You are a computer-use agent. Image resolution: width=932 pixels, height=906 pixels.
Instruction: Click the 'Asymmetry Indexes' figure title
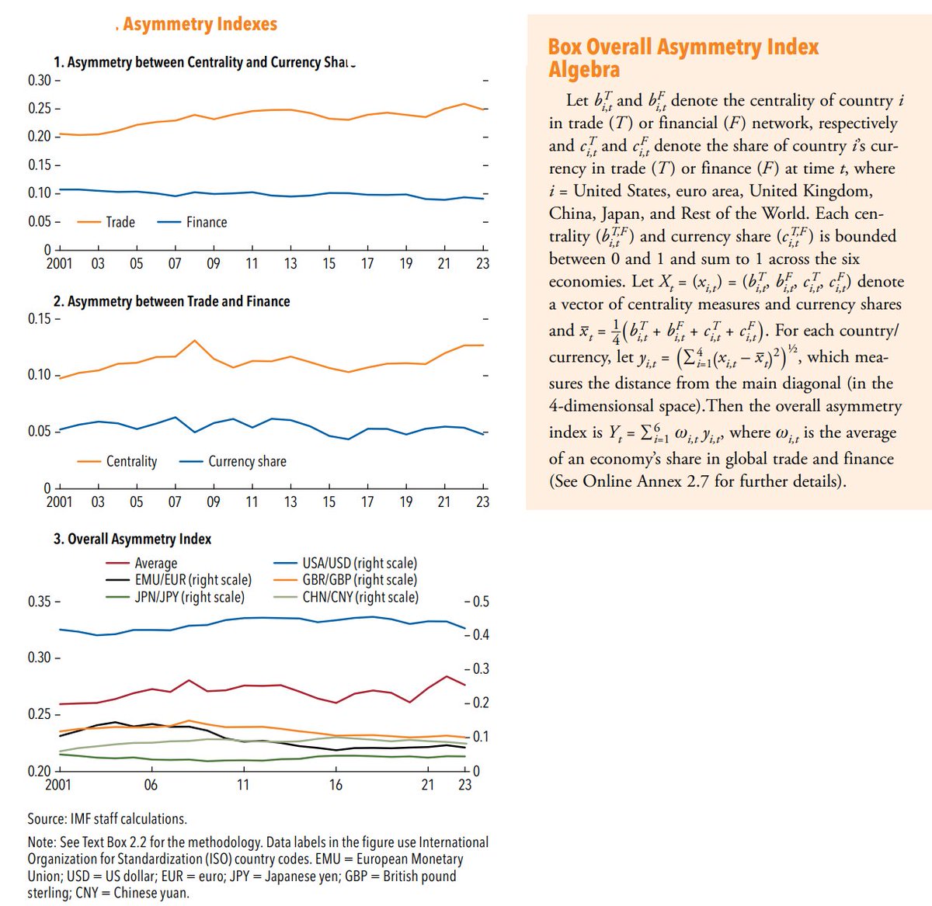[x=200, y=24]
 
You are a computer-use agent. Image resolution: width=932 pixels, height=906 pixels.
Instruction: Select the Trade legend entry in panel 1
[x=120, y=222]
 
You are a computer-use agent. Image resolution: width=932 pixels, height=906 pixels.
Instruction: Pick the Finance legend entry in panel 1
[x=206, y=222]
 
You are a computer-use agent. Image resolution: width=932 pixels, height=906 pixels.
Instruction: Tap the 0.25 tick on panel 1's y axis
[x=40, y=109]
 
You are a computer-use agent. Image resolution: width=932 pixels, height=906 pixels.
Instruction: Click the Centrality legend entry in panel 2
[x=130, y=461]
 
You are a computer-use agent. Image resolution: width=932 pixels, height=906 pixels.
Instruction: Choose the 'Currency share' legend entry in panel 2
[x=246, y=461]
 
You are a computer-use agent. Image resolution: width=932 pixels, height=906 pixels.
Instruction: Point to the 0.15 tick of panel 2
[x=40, y=319]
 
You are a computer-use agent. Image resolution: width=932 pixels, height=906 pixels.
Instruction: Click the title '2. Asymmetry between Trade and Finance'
[x=172, y=301]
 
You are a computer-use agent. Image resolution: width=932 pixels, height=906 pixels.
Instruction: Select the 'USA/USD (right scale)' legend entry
[x=359, y=563]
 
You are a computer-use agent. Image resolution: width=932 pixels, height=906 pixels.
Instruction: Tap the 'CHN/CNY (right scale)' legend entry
[x=360, y=597]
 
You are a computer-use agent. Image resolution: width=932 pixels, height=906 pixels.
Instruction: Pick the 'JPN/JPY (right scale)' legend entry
[x=189, y=597]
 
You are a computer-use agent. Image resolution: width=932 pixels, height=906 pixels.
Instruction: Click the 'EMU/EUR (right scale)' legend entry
[x=193, y=580]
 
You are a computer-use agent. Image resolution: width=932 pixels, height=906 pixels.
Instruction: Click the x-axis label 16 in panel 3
[x=336, y=785]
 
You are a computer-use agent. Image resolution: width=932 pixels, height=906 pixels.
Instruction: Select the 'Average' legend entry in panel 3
[x=155, y=563]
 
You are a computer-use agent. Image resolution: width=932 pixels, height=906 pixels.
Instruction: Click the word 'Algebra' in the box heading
[x=584, y=70]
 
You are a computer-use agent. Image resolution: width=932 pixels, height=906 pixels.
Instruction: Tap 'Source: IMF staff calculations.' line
[x=107, y=818]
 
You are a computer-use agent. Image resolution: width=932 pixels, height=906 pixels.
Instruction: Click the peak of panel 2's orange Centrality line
[x=195, y=340]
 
